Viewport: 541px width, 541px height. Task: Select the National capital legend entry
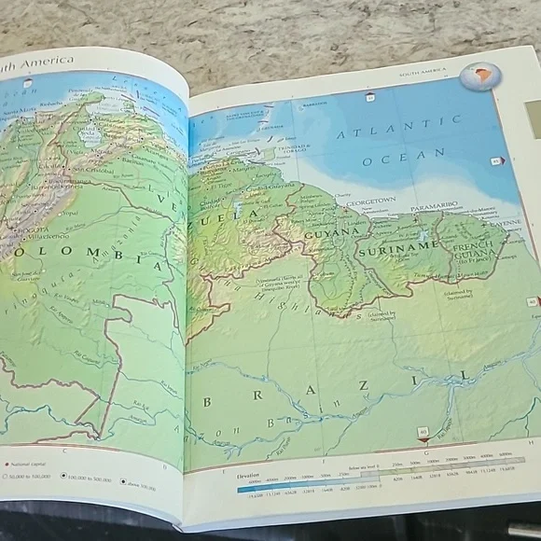28,464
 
